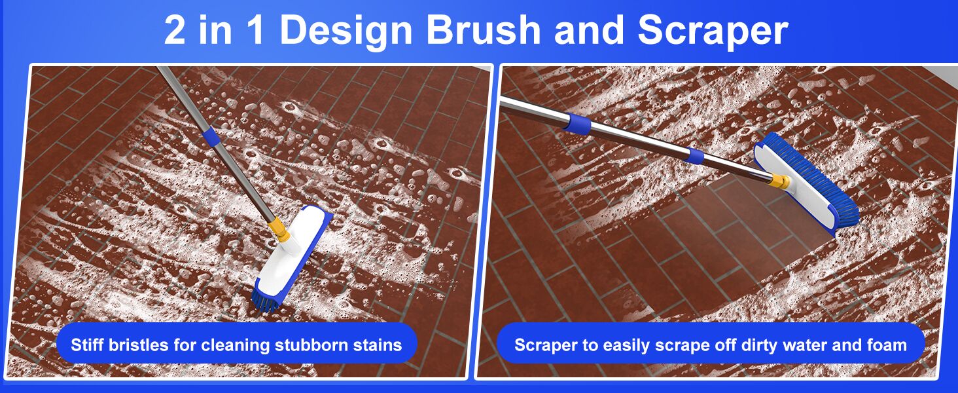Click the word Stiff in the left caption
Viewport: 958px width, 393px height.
(x=85, y=345)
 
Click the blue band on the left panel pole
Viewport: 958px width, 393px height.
(x=209, y=136)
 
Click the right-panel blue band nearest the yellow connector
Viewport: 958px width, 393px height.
(x=696, y=156)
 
